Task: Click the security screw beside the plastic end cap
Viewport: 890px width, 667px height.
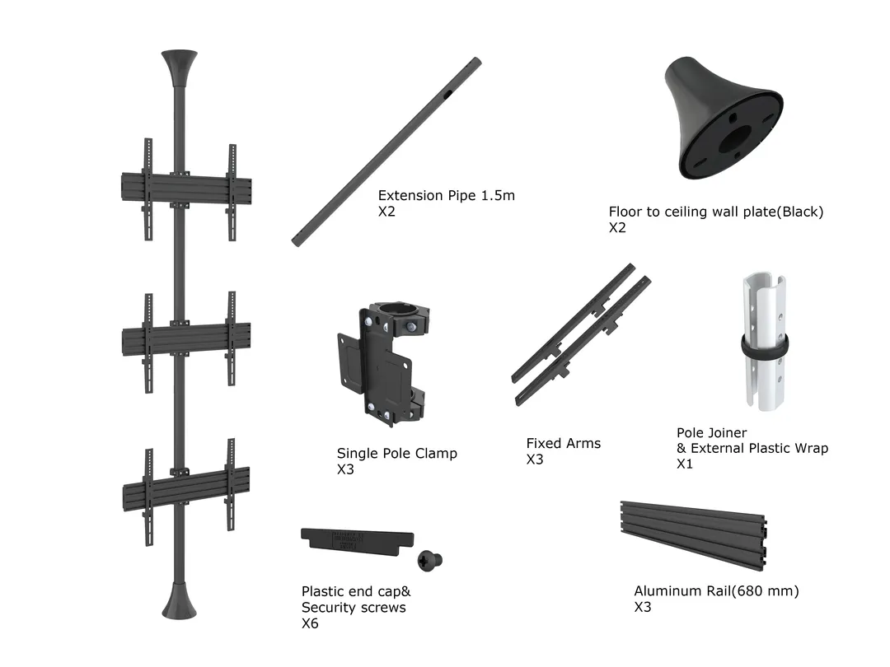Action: (430, 560)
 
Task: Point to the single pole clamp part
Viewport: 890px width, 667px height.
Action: (382, 363)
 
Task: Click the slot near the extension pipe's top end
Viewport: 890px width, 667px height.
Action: (447, 95)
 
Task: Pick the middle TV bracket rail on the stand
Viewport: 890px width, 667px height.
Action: (186, 337)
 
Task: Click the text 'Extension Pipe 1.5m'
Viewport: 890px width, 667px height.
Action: (446, 196)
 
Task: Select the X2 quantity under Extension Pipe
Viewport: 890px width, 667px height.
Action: (387, 212)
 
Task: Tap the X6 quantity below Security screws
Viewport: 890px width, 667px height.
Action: (310, 623)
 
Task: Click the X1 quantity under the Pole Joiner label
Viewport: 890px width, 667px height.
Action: (685, 464)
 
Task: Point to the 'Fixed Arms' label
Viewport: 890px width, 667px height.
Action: (564, 444)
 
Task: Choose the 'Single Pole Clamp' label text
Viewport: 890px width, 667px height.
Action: (396, 454)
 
